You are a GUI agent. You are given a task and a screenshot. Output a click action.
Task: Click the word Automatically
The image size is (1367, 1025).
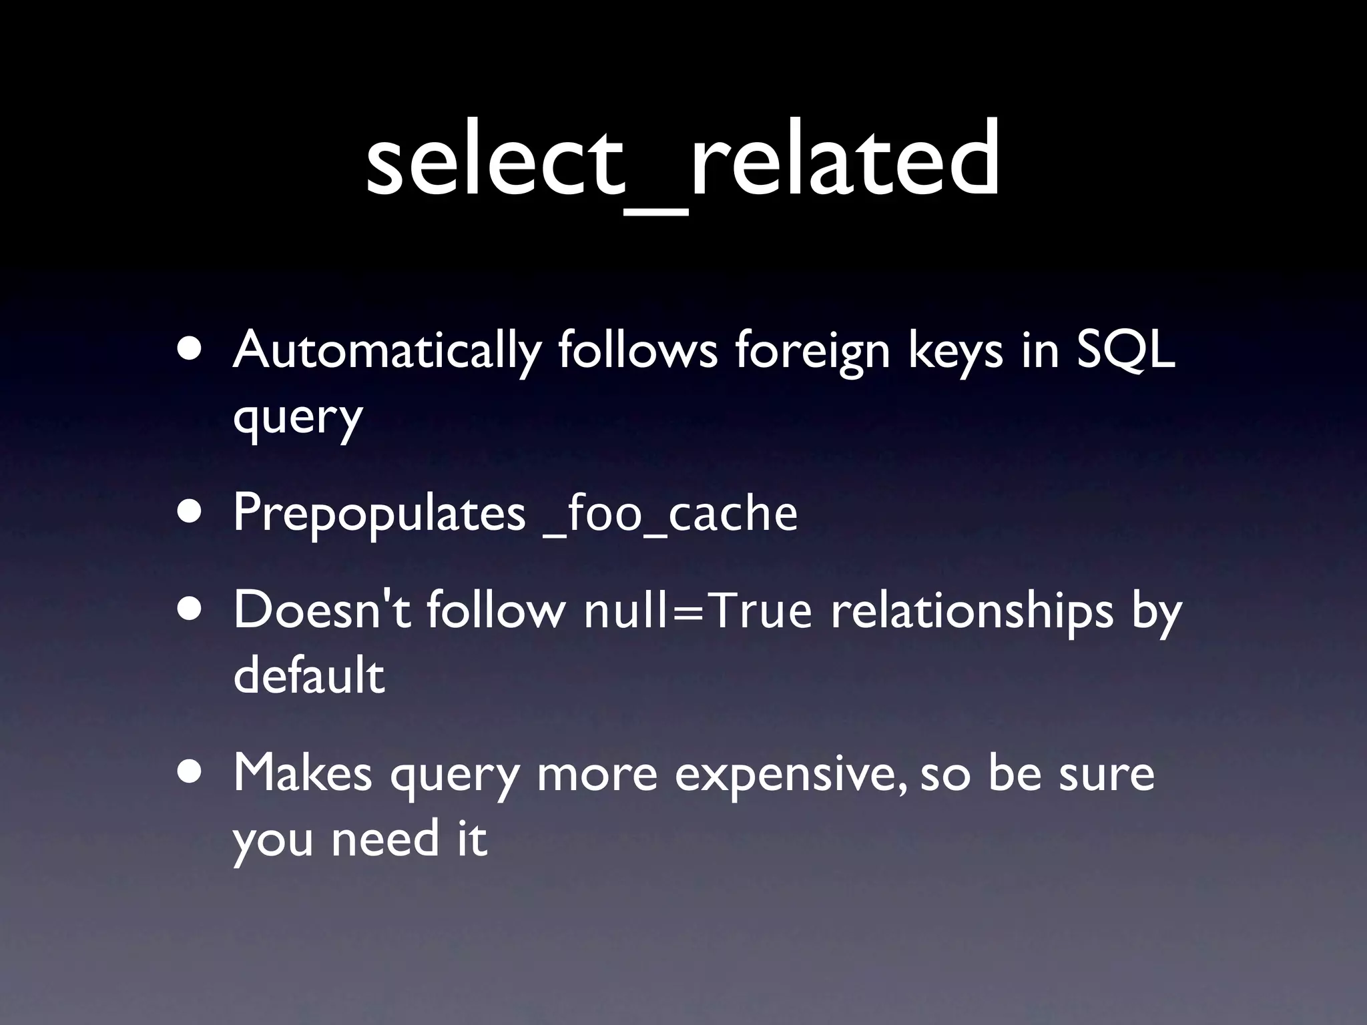(386, 350)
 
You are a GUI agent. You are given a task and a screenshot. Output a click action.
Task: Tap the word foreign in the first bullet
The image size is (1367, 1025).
(812, 350)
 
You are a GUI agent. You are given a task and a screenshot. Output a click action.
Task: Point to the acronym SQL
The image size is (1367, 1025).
(1125, 350)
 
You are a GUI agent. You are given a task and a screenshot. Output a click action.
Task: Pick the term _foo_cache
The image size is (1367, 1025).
(671, 514)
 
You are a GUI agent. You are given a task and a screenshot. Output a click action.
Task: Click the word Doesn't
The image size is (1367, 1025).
(321, 610)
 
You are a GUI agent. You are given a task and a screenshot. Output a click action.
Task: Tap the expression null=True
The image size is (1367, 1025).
(698, 610)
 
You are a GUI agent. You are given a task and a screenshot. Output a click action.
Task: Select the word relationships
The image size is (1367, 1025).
(972, 610)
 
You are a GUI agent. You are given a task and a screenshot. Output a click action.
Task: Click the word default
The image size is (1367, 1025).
(309, 675)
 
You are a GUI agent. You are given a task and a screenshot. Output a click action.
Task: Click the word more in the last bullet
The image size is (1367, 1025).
(597, 774)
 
